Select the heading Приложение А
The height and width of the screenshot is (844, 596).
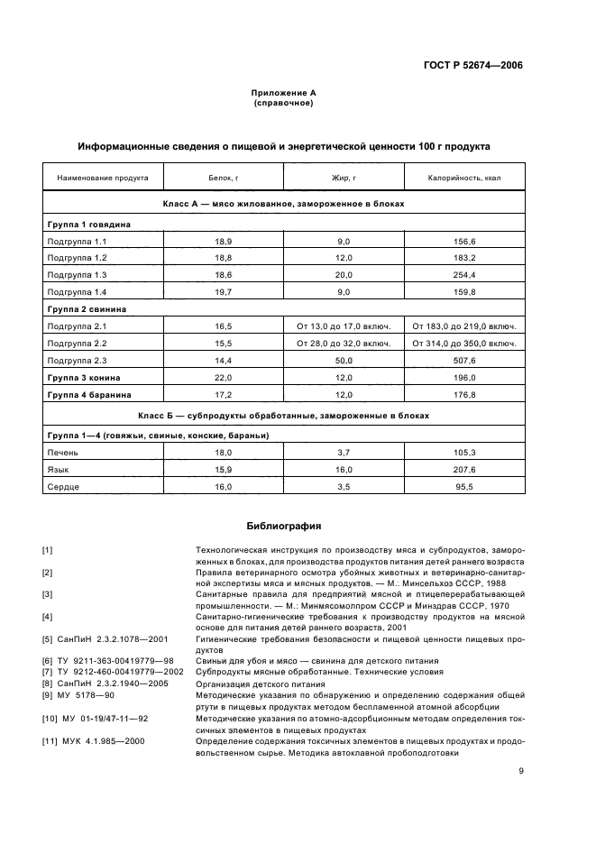(283, 93)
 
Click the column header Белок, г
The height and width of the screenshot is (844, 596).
(223, 178)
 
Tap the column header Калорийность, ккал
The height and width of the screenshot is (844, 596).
(464, 178)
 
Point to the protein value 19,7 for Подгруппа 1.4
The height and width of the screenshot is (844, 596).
(223, 291)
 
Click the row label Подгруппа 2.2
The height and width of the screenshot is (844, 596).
(77, 344)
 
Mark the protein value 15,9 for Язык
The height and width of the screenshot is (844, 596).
(223, 470)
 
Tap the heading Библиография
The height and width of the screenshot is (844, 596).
(283, 525)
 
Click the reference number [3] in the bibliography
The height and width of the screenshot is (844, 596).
(48, 594)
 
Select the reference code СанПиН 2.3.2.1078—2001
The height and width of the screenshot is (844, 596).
(103, 638)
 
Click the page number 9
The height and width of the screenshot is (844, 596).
(521, 770)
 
